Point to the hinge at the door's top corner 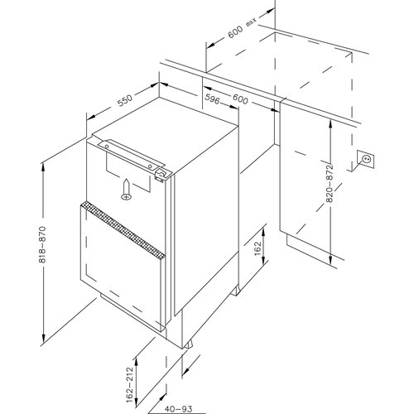click(159, 172)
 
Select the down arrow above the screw click(125, 184)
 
